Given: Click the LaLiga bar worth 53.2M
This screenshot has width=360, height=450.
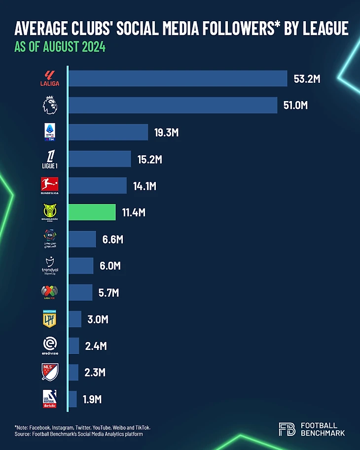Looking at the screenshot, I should click(178, 78).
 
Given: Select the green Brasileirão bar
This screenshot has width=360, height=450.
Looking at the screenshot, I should click(92, 212).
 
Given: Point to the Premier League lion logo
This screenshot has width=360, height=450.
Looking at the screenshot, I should click(49, 105).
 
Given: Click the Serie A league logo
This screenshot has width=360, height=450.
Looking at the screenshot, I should click(49, 132).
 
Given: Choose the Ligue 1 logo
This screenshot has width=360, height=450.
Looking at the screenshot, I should click(49, 159).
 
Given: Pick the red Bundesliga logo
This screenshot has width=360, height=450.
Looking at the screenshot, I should click(49, 186).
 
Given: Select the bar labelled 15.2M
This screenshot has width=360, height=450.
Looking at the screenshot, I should click(100, 159).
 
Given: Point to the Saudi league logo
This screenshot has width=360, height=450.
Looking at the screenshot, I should click(49, 240).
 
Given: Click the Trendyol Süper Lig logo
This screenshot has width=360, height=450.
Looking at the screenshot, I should click(49, 266).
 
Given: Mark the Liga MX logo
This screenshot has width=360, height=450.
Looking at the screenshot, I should click(49, 292).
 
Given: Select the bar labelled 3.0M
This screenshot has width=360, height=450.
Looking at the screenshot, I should click(75, 319).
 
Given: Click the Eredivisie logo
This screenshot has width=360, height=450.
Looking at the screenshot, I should click(49, 346).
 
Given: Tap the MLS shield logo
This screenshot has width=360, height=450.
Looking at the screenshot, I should click(49, 372).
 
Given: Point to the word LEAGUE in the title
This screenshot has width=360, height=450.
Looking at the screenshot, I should click(323, 29).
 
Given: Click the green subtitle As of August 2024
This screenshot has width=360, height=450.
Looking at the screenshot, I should click(60, 48).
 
